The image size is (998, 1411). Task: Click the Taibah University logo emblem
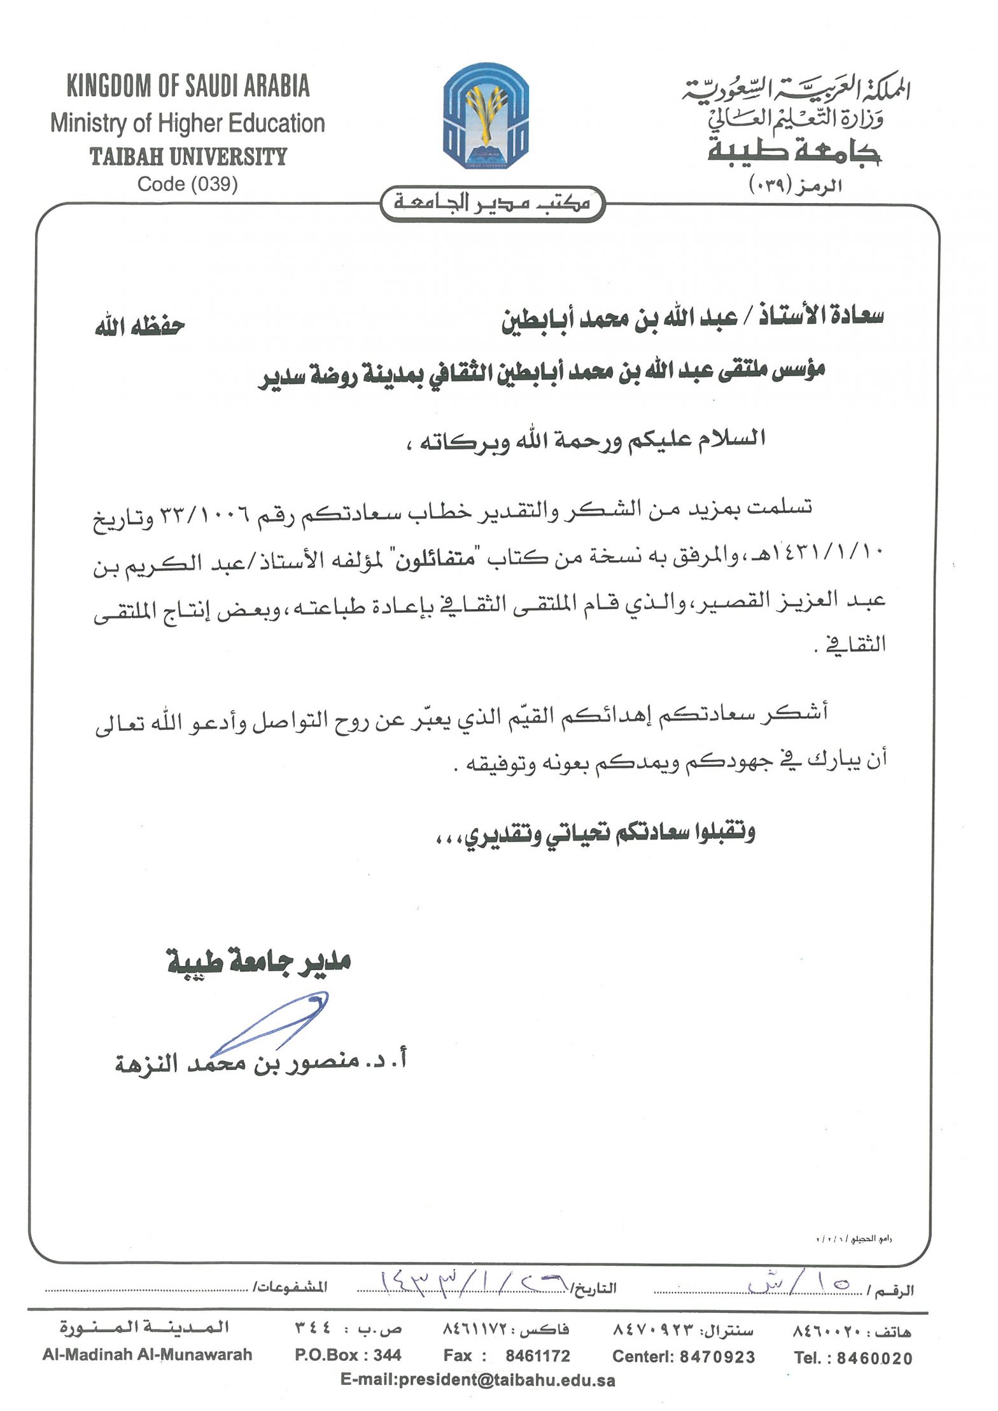(486, 116)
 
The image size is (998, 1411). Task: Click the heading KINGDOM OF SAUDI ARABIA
(188, 86)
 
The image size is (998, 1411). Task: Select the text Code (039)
(188, 184)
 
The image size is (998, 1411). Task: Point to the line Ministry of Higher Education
(188, 123)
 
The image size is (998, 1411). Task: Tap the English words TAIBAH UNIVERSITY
(188, 156)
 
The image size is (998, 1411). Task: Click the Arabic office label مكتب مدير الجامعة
(491, 203)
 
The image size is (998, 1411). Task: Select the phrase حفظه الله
(140, 327)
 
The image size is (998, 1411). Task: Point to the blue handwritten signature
(274, 1021)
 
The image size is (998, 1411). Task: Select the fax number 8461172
(538, 1356)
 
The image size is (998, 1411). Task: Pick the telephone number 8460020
(875, 1358)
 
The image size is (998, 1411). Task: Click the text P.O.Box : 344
(348, 1356)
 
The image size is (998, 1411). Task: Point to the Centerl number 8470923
(717, 1357)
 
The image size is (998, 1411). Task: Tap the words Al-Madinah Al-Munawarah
(148, 1356)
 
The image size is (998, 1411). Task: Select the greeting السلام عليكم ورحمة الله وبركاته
(586, 440)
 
